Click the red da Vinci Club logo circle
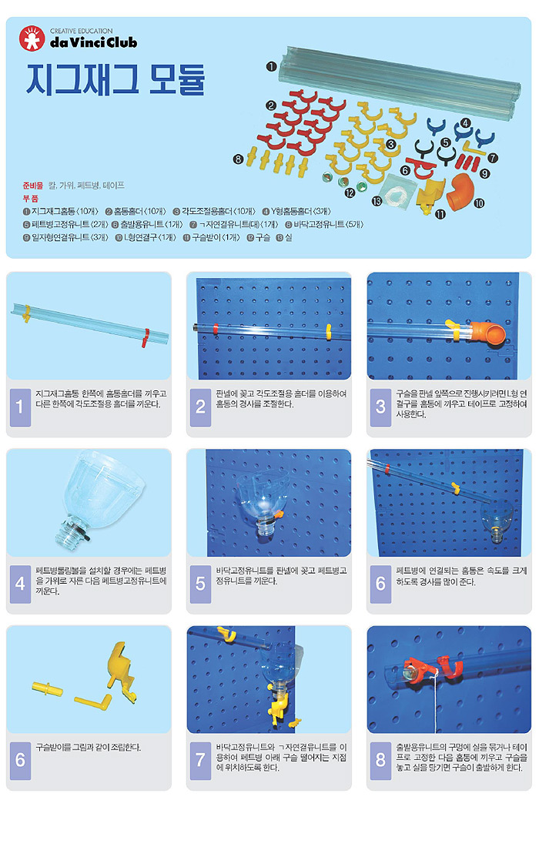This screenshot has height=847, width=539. pyautogui.click(x=32, y=39)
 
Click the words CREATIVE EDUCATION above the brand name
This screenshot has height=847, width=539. pyautogui.click(x=81, y=32)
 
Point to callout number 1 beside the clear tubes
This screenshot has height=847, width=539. pyautogui.click(x=271, y=66)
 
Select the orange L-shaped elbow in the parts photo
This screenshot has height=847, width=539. pyautogui.click(x=460, y=191)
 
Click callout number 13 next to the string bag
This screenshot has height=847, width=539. pyautogui.click(x=377, y=201)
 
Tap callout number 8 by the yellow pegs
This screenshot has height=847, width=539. pyautogui.click(x=238, y=159)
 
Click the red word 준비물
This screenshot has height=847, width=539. pyautogui.click(x=32, y=186)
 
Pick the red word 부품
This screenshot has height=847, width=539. pyautogui.click(x=30, y=198)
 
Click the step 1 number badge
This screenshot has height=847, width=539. pyautogui.click(x=20, y=407)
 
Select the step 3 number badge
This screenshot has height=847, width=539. pyautogui.click(x=380, y=407)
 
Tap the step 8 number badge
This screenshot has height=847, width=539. pyautogui.click(x=380, y=760)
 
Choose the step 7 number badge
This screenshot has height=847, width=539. pyautogui.click(x=200, y=760)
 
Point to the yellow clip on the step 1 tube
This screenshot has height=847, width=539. pyautogui.click(x=25, y=314)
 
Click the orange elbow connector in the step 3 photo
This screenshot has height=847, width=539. pyautogui.click(x=487, y=333)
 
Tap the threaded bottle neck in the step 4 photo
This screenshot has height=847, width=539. pyautogui.click(x=68, y=531)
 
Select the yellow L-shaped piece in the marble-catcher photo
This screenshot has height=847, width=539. pyautogui.click(x=93, y=701)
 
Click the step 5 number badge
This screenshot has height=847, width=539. pyautogui.click(x=200, y=584)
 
